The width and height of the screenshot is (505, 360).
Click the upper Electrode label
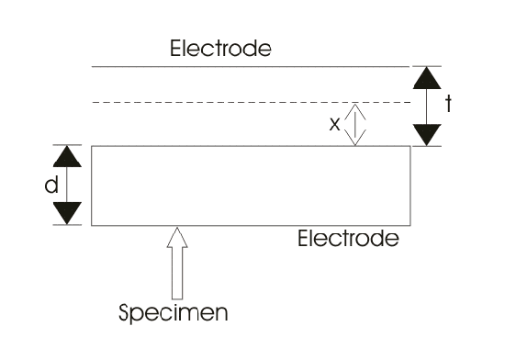click(x=220, y=49)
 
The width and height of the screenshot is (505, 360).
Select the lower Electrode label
click(x=348, y=238)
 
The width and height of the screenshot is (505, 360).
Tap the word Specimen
click(x=174, y=312)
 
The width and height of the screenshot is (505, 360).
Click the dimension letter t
click(x=448, y=104)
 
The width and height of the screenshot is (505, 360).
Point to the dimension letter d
click(x=51, y=185)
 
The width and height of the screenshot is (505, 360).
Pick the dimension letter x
click(x=334, y=124)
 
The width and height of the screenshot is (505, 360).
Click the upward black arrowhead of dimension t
click(x=427, y=78)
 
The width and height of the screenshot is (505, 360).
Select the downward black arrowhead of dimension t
click(x=427, y=135)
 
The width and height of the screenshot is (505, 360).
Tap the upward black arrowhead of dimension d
click(x=67, y=156)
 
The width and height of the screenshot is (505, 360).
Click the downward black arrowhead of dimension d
click(x=67, y=213)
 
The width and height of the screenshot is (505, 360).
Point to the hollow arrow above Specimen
click(x=177, y=264)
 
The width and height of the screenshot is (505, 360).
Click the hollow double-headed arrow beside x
click(x=355, y=125)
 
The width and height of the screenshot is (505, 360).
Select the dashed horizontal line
click(x=252, y=102)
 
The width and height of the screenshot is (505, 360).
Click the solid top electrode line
click(x=251, y=67)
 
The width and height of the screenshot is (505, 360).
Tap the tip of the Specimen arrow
click(x=177, y=228)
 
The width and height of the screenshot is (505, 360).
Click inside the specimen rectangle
click(x=251, y=186)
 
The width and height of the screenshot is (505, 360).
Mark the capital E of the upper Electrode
click(x=174, y=49)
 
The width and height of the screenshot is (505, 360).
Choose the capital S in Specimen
click(x=124, y=312)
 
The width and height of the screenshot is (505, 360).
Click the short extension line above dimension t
click(x=427, y=66)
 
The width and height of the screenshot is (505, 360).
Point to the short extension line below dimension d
click(x=67, y=225)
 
